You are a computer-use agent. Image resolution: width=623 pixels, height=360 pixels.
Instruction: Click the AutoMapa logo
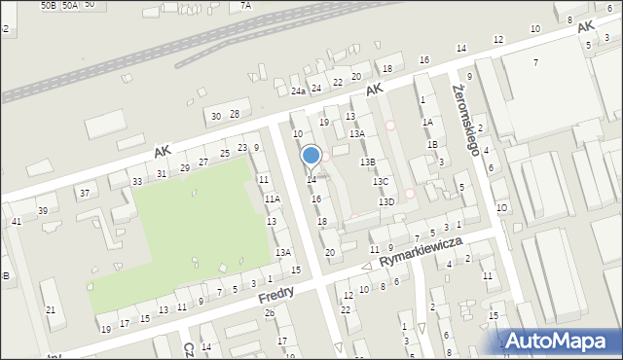tap(560, 341)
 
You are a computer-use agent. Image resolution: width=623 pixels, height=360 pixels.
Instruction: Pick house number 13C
tap(381, 181)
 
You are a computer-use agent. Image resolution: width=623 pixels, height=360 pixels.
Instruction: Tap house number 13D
tap(386, 201)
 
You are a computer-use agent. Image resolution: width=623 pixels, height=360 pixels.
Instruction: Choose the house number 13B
tap(367, 162)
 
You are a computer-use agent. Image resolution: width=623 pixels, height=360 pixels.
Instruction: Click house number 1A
tap(426, 122)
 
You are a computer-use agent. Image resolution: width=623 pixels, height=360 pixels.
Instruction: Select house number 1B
tap(432, 144)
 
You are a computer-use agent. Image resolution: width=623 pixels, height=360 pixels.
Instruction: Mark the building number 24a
tap(298, 91)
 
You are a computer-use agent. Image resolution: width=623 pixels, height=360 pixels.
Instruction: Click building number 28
tap(234, 114)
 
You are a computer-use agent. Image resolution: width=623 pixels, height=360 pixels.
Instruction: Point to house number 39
tap(42, 210)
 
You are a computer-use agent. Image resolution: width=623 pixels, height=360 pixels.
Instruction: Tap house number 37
tap(85, 193)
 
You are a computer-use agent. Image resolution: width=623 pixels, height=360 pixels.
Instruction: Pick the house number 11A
tap(273, 198)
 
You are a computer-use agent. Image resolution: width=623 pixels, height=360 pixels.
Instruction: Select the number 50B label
tap(49, 5)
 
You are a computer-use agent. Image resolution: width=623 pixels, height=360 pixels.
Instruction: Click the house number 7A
tap(246, 5)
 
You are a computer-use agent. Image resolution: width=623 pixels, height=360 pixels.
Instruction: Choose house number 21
tap(51, 310)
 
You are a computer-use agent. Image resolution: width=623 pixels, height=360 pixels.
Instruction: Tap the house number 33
tap(137, 181)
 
